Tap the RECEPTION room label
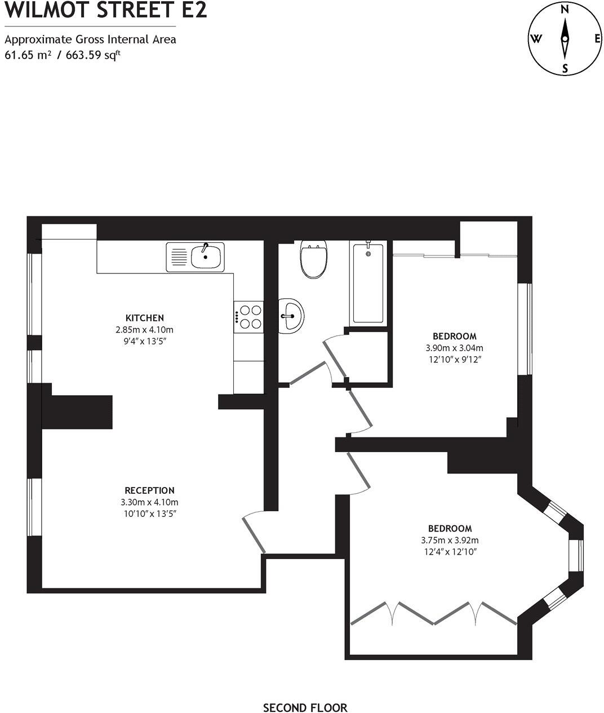click(149, 490)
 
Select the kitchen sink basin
click(206, 258)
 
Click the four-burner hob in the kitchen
click(248, 316)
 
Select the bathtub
click(368, 283)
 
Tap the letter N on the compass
click(564, 8)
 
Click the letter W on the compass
click(535, 39)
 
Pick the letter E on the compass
click(597, 39)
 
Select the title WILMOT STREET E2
click(105, 10)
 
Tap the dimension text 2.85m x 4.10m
click(144, 330)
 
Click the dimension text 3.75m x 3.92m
click(450, 541)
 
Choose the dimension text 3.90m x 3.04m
click(454, 348)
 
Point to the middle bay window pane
click(575, 556)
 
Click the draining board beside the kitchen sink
click(179, 257)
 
